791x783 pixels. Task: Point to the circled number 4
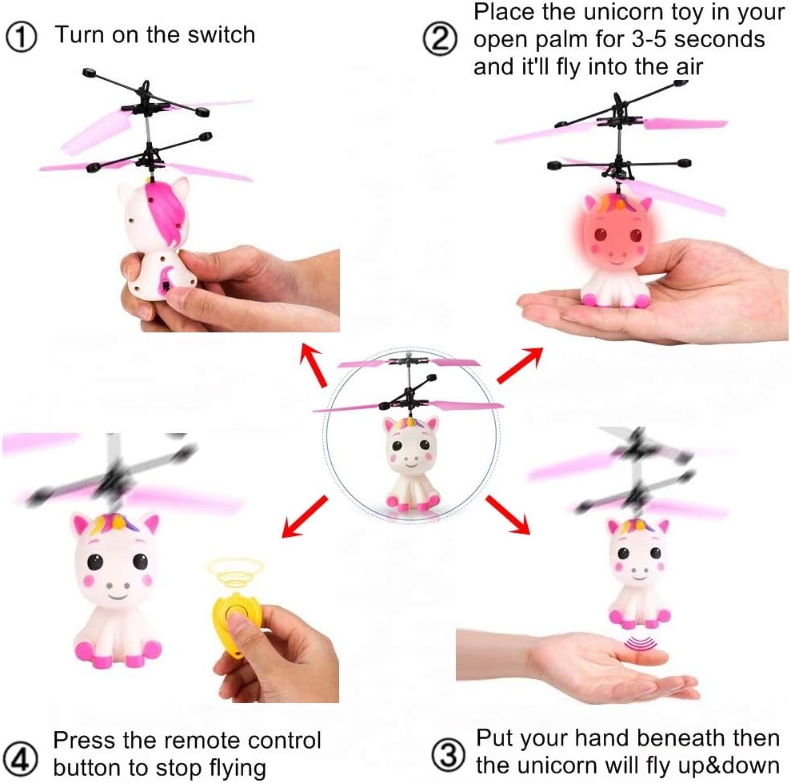(x=21, y=755)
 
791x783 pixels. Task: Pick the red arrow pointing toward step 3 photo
(x=509, y=515)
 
